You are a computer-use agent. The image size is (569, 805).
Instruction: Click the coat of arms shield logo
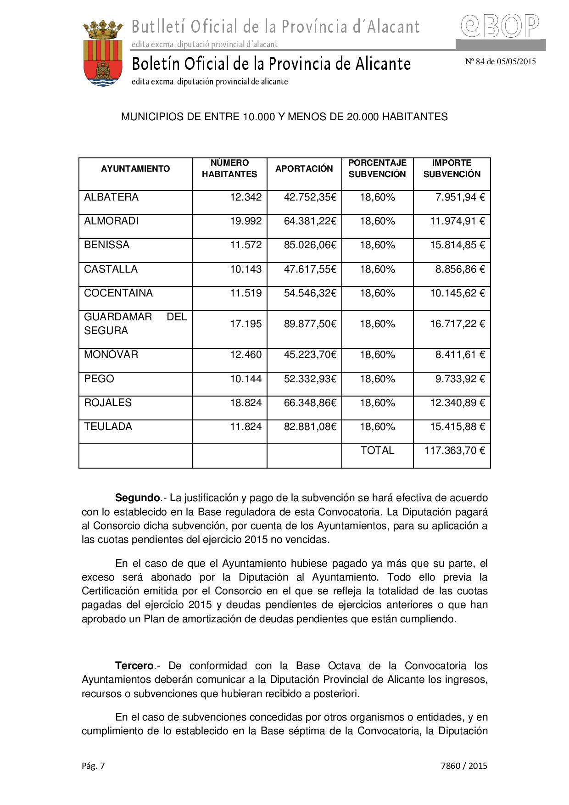(x=102, y=54)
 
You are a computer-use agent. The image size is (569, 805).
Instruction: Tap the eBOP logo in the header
(x=500, y=26)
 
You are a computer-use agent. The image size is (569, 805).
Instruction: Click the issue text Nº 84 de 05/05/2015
(x=500, y=61)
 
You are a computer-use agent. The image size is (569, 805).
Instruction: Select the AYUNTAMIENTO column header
(x=135, y=169)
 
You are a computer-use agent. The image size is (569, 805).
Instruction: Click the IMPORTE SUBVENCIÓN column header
(x=452, y=168)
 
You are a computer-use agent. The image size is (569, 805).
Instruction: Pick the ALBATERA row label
(x=111, y=197)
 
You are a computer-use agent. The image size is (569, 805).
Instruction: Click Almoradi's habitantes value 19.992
(x=245, y=221)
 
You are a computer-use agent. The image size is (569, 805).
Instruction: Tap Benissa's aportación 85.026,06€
(x=310, y=245)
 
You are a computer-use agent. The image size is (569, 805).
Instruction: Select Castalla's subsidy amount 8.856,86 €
(x=460, y=269)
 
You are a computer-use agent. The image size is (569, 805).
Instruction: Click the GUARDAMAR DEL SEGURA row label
(x=135, y=324)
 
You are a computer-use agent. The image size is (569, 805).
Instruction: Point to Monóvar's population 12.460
(x=245, y=355)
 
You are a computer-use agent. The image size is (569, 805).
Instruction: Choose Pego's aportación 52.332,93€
(x=310, y=379)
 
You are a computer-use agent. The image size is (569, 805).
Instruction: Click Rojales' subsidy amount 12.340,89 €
(x=457, y=403)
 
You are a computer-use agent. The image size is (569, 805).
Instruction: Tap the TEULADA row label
(x=108, y=427)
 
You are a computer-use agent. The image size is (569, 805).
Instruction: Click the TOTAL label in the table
(x=377, y=451)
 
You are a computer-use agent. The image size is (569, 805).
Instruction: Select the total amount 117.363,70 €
(x=454, y=451)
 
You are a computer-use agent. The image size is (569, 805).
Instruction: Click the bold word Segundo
(x=137, y=498)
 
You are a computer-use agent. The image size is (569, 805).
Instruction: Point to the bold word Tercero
(x=134, y=666)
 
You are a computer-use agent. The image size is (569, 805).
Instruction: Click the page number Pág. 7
(x=93, y=766)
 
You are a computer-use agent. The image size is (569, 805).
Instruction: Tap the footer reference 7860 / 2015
(x=464, y=766)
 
